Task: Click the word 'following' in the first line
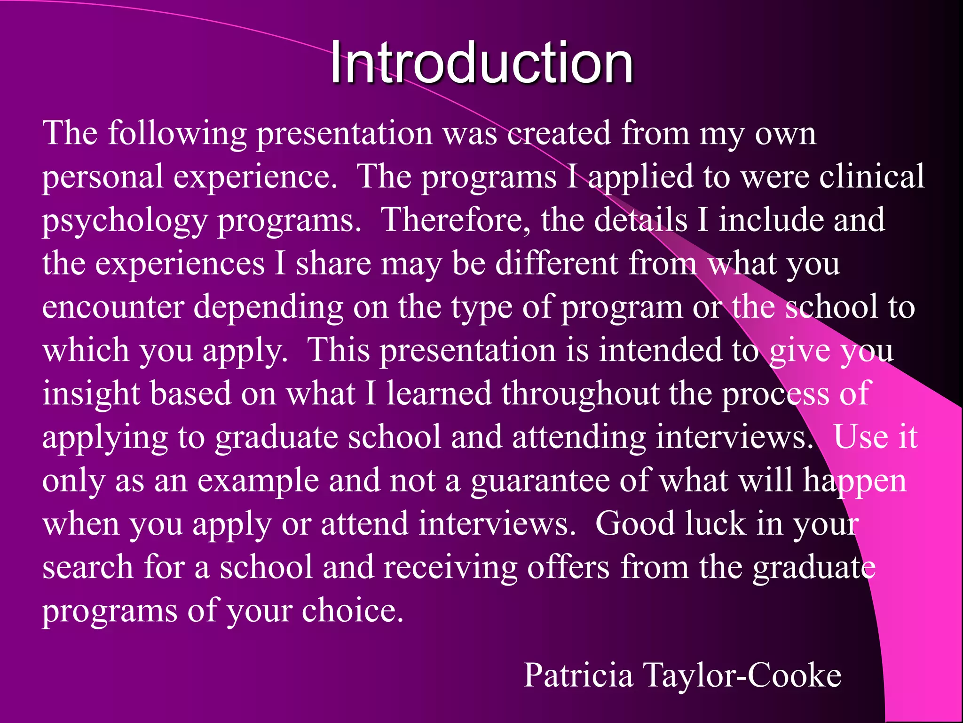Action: [177, 134]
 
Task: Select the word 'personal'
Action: [103, 177]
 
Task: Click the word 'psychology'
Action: [125, 221]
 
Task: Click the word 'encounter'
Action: [113, 307]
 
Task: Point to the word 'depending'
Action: [268, 308]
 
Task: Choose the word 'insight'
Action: [91, 394]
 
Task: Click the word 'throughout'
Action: [580, 394]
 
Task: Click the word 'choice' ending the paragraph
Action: [352, 611]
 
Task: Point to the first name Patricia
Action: [578, 675]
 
